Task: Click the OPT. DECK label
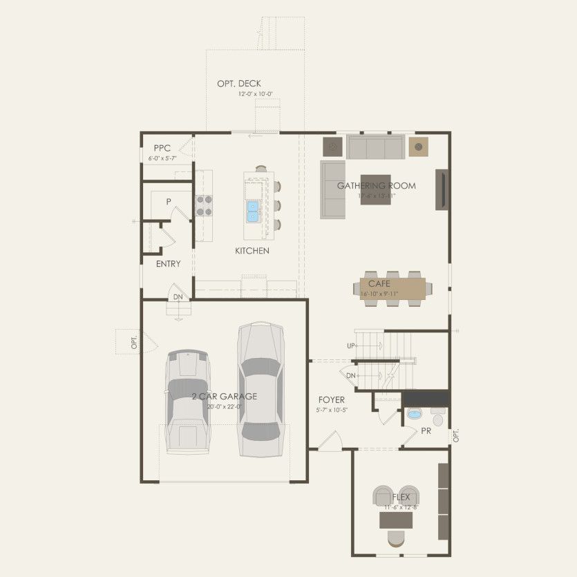(239, 84)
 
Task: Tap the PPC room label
(162, 148)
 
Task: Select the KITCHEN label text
(252, 251)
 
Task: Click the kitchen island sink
(252, 210)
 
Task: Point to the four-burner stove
(204, 206)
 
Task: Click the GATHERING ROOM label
(377, 185)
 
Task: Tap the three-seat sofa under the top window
(375, 147)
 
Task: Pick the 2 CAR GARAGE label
(225, 397)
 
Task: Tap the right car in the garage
(259, 390)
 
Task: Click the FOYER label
(332, 400)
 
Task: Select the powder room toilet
(438, 417)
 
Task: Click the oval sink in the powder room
(414, 415)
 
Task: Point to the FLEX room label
(401, 497)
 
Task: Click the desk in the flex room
(396, 520)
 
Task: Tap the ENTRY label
(168, 264)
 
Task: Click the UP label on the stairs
(351, 345)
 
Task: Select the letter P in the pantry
(168, 202)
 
